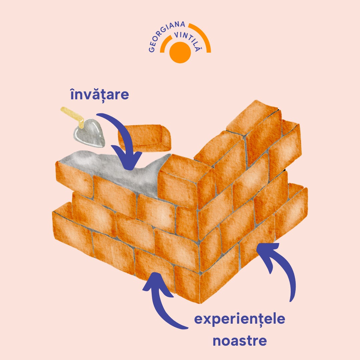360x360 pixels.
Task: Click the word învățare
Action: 99,95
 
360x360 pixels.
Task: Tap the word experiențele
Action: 240,319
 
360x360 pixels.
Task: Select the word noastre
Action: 240,341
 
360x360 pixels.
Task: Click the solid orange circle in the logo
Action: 180,52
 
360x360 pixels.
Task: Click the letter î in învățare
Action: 72,95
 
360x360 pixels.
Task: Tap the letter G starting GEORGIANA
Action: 151,50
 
